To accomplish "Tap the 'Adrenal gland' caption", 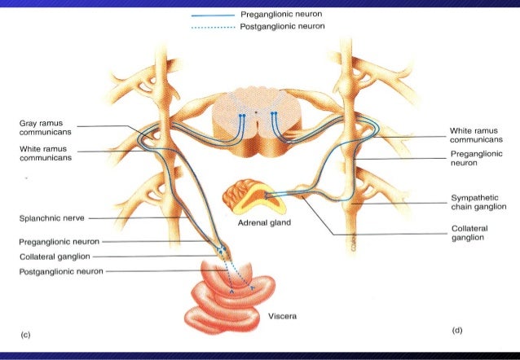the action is (x=266, y=222).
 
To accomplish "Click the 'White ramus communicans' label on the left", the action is (x=44, y=154).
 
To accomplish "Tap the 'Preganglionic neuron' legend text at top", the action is (x=282, y=15).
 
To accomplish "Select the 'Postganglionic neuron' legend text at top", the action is (x=283, y=26).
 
